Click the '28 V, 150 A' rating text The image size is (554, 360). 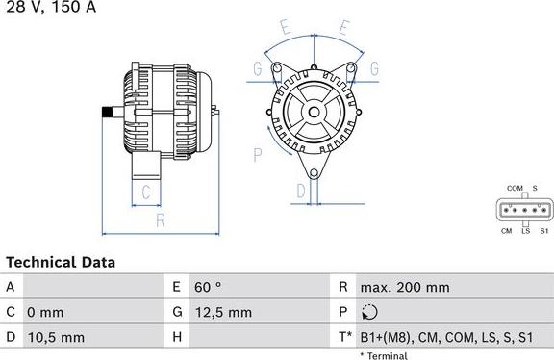49,8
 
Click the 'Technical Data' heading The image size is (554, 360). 61,262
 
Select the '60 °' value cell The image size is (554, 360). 208,287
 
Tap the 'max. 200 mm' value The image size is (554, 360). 404,287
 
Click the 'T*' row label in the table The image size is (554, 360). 344,337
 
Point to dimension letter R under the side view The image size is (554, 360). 161,220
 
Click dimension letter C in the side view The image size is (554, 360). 146,192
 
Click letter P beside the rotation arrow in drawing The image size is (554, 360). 258,153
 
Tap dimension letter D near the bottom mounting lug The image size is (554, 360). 301,192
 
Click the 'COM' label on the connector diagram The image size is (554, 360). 515,188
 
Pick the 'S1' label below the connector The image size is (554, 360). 542,231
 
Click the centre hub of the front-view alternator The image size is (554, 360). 315,113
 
